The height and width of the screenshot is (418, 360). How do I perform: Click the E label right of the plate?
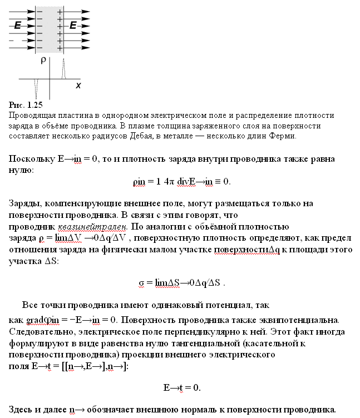(x=73, y=25)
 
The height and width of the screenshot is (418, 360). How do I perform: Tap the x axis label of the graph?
(x=78, y=86)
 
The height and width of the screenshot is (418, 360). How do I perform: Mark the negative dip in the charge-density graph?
(x=36, y=88)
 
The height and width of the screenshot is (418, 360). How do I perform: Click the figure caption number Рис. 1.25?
(x=26, y=104)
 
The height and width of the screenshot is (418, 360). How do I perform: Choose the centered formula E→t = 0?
(x=181, y=387)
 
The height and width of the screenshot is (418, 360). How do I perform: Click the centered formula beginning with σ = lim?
(x=181, y=282)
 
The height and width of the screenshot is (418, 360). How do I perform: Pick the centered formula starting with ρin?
(x=181, y=181)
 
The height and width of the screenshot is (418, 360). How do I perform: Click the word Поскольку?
(x=32, y=159)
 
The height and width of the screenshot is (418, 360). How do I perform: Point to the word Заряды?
(x=26, y=204)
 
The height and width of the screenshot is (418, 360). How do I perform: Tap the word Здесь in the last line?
(x=22, y=410)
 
